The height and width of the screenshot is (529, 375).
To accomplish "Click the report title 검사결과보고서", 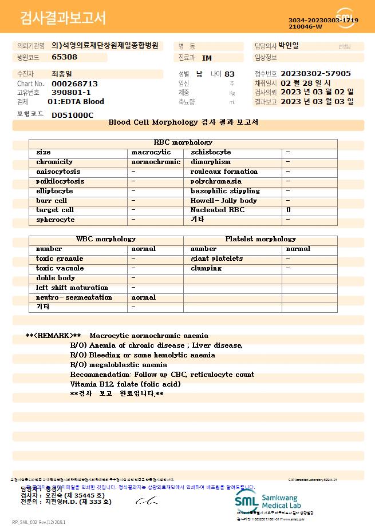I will pos(63,18).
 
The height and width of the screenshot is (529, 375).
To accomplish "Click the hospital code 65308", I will pos(64,57).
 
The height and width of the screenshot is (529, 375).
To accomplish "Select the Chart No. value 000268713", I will pos(74,83).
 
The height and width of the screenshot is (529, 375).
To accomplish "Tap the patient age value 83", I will pos(230,74).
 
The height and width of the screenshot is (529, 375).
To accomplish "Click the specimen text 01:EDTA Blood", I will pos(76,102).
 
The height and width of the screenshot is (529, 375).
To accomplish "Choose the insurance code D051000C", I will pos(73,115).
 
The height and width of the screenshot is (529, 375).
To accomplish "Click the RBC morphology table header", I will pos(183,142).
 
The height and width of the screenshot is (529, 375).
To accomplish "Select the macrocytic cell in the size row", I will pos(151,152).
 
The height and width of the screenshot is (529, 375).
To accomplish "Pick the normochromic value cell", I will pos(156,162).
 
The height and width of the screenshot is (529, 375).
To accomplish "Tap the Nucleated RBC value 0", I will pos(288,210).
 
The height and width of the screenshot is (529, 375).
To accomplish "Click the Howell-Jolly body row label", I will pos(224,201).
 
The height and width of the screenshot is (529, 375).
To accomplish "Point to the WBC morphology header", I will pos(106,239).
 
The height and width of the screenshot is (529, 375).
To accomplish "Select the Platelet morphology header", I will pos(260,239).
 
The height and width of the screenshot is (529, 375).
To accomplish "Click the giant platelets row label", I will pos(216,258).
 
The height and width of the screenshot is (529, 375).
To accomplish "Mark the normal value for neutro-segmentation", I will pos(143,297).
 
